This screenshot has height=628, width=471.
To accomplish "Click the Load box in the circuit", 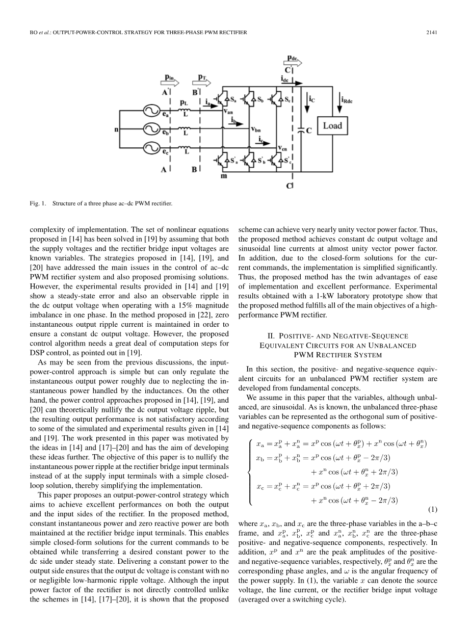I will tap(332, 125).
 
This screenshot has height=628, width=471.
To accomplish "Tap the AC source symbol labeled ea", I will tap(151, 110).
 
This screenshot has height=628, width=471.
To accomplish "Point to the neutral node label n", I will tap(116, 129).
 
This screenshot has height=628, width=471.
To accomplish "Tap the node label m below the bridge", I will tap(223, 176).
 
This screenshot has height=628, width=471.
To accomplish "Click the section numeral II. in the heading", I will tap(271, 336).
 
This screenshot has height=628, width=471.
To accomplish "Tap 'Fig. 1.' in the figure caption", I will tap(38, 204).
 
